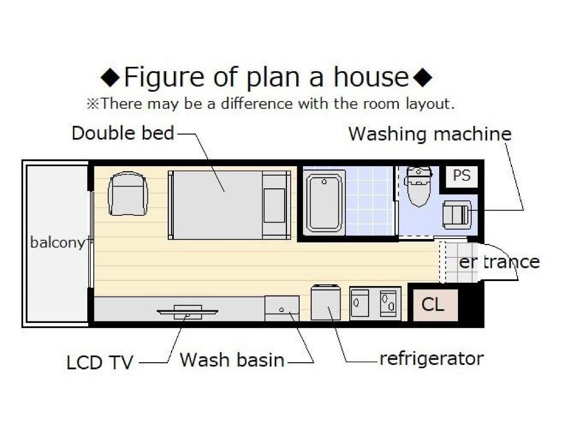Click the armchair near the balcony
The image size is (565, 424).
128,194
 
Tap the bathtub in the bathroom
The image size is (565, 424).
324,203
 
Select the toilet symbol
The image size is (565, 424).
419,186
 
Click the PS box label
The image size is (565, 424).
462,176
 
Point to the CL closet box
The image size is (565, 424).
435,305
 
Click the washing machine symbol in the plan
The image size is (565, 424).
457,215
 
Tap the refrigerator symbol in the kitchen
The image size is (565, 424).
326,302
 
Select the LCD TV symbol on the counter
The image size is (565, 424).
188,312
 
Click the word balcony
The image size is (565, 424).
57,243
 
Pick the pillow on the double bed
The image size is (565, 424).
274,205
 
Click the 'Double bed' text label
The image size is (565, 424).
123,132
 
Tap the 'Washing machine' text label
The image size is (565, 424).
430,134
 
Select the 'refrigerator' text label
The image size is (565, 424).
431,359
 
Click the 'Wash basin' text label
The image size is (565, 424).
232,360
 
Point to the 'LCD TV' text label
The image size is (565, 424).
100,362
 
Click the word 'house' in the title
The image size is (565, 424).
371,77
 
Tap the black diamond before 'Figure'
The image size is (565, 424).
110,77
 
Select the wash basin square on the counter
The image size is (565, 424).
282,308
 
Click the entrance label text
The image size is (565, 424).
499,262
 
